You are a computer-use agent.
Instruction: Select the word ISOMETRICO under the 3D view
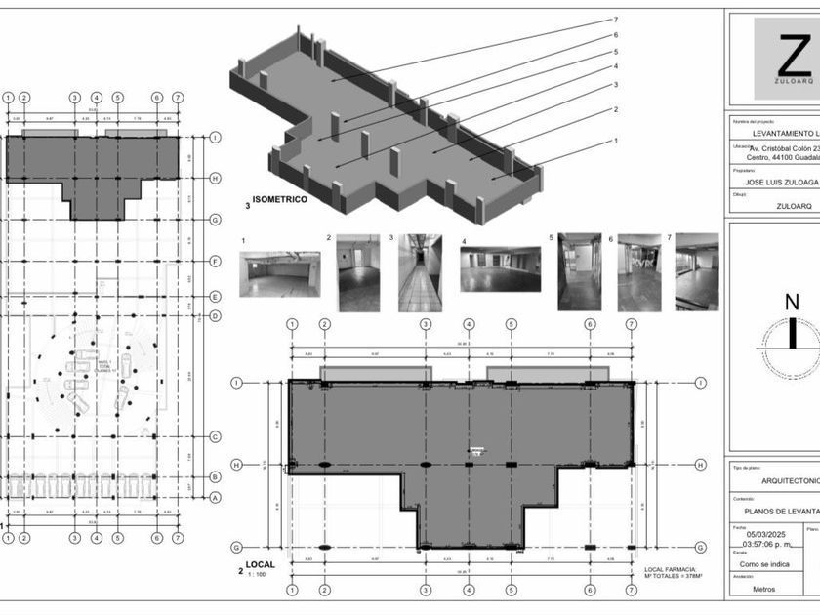click(282, 199)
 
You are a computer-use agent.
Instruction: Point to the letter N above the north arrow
click(792, 302)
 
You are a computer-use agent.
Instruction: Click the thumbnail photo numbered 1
click(280, 274)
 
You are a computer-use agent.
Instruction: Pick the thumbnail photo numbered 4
click(501, 268)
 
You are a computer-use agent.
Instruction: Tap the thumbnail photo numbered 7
click(697, 271)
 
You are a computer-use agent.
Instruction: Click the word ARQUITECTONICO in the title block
click(789, 480)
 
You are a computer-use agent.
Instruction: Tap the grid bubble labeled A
click(215, 497)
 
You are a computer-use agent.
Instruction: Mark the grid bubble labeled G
click(215, 220)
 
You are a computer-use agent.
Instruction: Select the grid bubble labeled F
click(215, 261)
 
